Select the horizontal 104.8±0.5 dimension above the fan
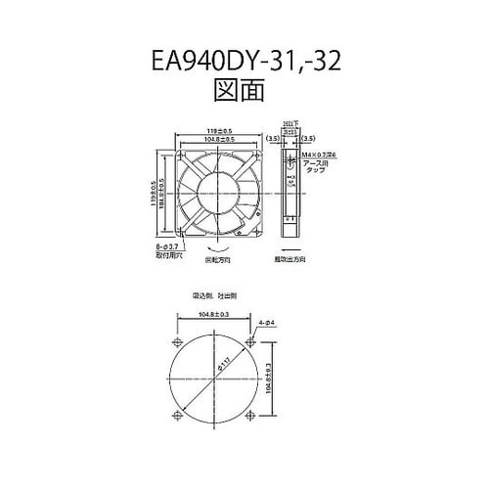pyautogui.click(x=218, y=139)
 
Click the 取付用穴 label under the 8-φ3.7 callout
pyautogui.click(x=167, y=259)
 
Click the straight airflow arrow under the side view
pyautogui.click(x=290, y=252)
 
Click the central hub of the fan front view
pyautogui.click(x=218, y=192)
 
